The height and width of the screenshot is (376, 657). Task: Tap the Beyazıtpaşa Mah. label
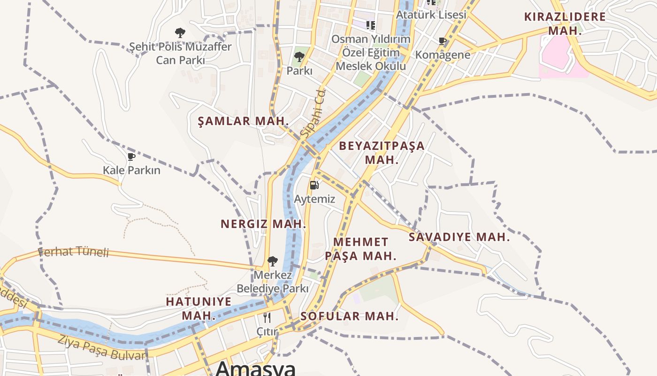(382, 152)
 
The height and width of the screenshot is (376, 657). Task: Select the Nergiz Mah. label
(263, 224)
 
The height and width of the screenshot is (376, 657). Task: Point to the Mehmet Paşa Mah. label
(360, 249)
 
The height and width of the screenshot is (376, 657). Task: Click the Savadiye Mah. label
(459, 237)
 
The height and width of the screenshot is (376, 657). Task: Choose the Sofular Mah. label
(349, 316)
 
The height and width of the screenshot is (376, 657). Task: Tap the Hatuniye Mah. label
(199, 308)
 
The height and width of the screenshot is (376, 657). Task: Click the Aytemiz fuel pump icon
(314, 185)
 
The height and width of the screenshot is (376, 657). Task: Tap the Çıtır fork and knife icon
(267, 318)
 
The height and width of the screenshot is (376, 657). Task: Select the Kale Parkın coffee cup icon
(131, 157)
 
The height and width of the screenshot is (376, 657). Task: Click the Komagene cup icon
(442, 41)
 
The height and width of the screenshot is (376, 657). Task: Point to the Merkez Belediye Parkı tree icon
(272, 261)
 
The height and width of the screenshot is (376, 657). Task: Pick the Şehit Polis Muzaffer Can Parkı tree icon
(180, 33)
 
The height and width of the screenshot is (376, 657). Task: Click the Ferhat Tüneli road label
(73, 252)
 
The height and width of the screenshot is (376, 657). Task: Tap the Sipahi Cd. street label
(313, 113)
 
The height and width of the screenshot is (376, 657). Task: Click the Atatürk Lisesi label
(431, 15)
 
